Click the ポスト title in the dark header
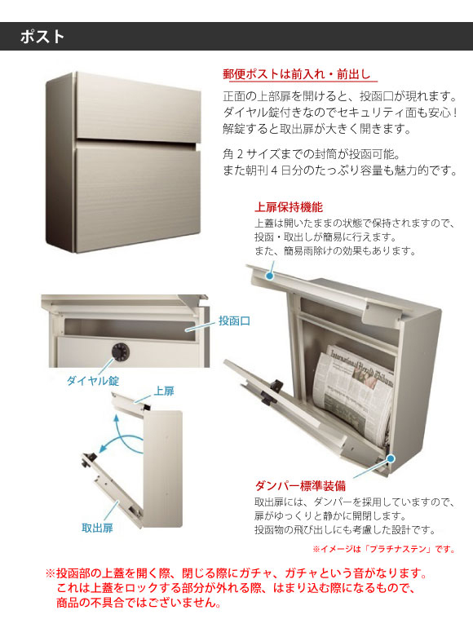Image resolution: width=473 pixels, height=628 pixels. tap(42, 37)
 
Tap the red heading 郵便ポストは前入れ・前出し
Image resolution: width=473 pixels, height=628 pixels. tap(297, 74)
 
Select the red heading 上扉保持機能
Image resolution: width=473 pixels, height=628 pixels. tap(289, 207)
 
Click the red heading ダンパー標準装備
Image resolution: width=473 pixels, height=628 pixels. tap(300, 486)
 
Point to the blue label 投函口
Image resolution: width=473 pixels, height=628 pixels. tap(234, 321)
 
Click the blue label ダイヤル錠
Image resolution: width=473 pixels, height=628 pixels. tap(93, 381)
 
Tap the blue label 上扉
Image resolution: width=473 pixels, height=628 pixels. tap(164, 391)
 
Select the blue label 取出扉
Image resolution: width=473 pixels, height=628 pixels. tap(97, 528)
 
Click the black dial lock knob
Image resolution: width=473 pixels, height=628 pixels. tap(121, 352)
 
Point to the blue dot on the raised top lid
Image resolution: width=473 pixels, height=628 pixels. tap(270, 276)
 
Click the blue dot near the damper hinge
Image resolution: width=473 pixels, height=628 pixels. tap(391, 458)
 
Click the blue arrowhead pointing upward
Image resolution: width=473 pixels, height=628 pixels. tap(117, 419)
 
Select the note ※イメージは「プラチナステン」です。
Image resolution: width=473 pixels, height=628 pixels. tap(384, 549)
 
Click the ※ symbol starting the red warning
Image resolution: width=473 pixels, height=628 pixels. tap(50, 573)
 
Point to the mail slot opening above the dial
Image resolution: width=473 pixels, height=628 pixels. tap(130, 329)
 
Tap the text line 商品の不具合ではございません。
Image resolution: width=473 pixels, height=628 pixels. tap(139, 603)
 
